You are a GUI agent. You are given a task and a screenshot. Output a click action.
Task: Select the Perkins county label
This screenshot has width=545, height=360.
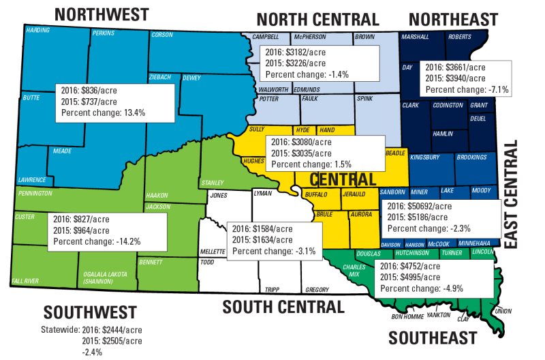point(104,33)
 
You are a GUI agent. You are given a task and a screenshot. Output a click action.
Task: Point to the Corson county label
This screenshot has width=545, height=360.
point(162,34)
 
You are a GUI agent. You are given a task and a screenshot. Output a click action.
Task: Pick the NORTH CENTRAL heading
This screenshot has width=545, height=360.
point(317,18)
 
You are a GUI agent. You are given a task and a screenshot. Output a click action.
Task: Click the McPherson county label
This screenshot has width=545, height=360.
point(311,37)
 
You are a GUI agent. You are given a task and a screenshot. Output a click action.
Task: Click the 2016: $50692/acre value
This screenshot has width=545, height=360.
point(419,206)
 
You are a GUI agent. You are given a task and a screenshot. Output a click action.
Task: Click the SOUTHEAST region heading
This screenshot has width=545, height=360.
point(433,337)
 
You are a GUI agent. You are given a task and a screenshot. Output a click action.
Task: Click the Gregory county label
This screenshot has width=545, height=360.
point(317,288)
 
